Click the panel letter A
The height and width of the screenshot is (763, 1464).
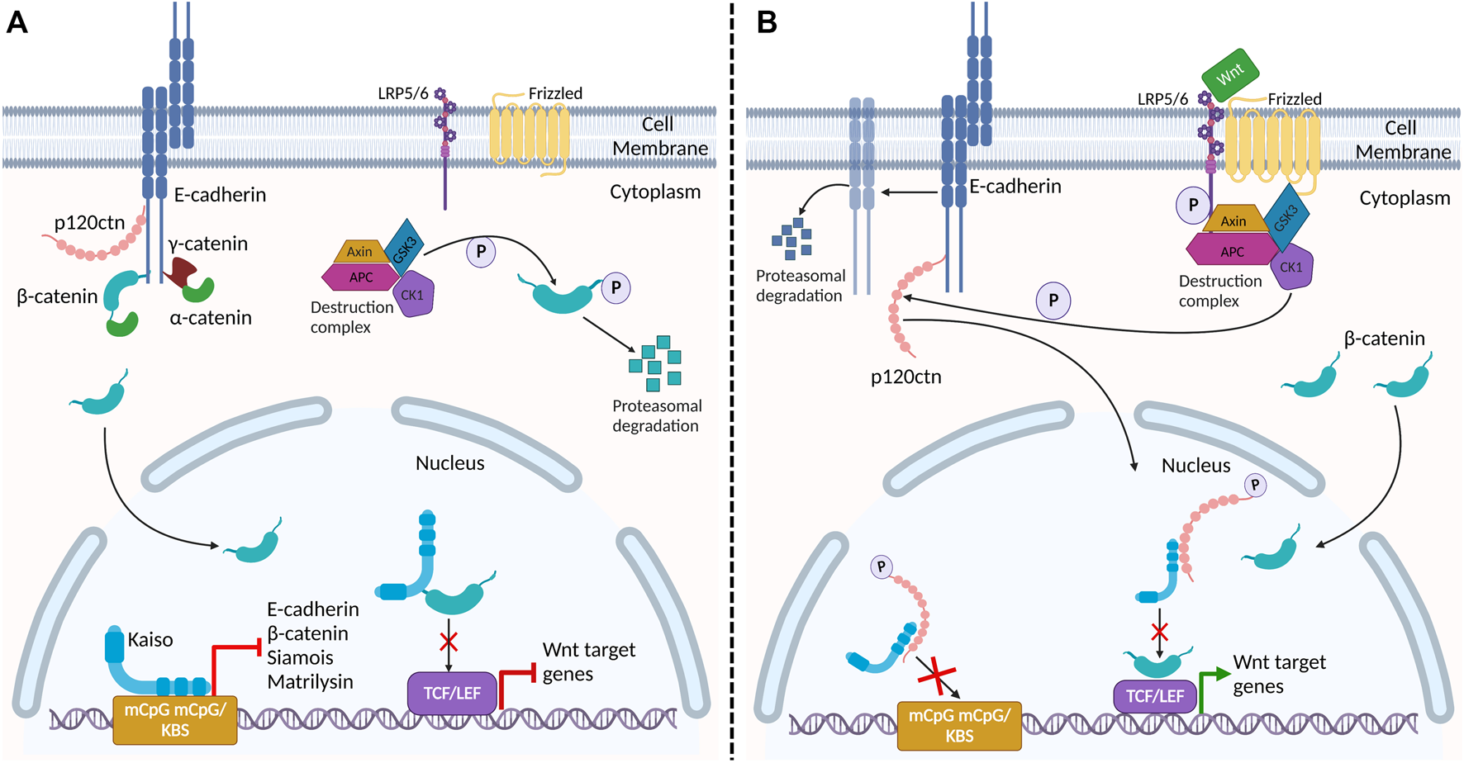pyautogui.click(x=17, y=21)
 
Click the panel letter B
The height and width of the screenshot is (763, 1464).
pyautogui.click(x=768, y=21)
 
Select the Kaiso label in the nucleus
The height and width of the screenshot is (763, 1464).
pyautogui.click(x=150, y=640)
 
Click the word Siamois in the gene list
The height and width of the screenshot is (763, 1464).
pyautogui.click(x=300, y=658)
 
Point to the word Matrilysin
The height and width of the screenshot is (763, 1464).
pyautogui.click(x=310, y=682)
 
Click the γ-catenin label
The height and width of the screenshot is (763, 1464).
pyautogui.click(x=208, y=244)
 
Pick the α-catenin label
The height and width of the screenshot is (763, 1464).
pyautogui.click(x=211, y=318)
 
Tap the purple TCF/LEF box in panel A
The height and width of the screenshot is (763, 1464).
pyautogui.click(x=452, y=693)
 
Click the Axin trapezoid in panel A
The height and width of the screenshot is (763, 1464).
pyautogui.click(x=359, y=252)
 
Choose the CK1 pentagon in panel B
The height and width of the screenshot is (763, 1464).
pyautogui.click(x=1291, y=268)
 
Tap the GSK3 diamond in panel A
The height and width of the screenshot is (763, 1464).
pyautogui.click(x=405, y=245)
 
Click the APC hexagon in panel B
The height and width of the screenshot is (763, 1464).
pyautogui.click(x=1232, y=251)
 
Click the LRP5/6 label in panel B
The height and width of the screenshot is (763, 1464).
pyautogui.click(x=1162, y=99)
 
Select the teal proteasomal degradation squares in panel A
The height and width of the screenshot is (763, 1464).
pyautogui.click(x=655, y=363)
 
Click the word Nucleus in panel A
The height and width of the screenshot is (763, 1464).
pyautogui.click(x=449, y=463)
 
